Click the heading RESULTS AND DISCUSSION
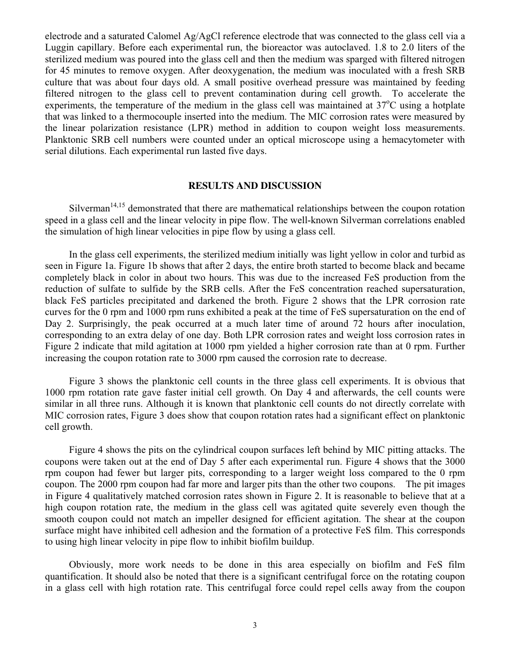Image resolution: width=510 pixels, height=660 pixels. point(254,186)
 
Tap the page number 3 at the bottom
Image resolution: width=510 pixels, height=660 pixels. point(255,625)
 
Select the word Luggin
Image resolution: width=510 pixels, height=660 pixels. point(58,47)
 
